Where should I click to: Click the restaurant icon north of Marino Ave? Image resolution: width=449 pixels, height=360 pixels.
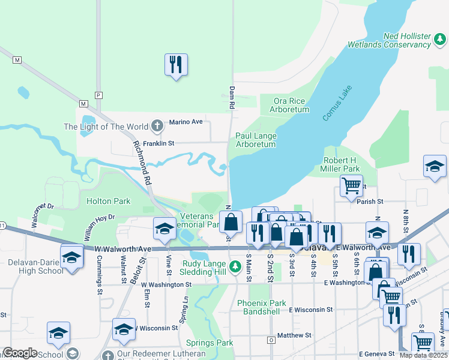click(x=176, y=64)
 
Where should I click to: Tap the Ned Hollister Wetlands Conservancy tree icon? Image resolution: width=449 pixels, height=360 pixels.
click(x=440, y=40)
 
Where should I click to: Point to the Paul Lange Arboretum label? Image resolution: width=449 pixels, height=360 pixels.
click(x=256, y=140)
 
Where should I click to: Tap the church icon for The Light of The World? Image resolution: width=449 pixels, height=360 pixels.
click(x=157, y=126)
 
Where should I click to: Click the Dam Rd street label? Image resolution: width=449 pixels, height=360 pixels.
click(x=232, y=97)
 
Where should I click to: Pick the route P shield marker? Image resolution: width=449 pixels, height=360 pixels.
click(x=99, y=95)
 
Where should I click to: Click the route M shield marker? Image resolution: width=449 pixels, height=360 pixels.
click(x=17, y=60)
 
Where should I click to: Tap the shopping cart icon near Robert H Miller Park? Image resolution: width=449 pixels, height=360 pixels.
click(x=351, y=185)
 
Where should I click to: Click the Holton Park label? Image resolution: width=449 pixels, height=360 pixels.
click(x=108, y=201)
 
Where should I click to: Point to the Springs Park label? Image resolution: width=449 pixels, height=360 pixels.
click(x=216, y=343)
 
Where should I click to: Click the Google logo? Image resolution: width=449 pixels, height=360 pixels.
click(x=20, y=353)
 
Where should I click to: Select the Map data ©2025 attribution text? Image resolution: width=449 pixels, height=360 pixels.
click(x=423, y=355)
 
